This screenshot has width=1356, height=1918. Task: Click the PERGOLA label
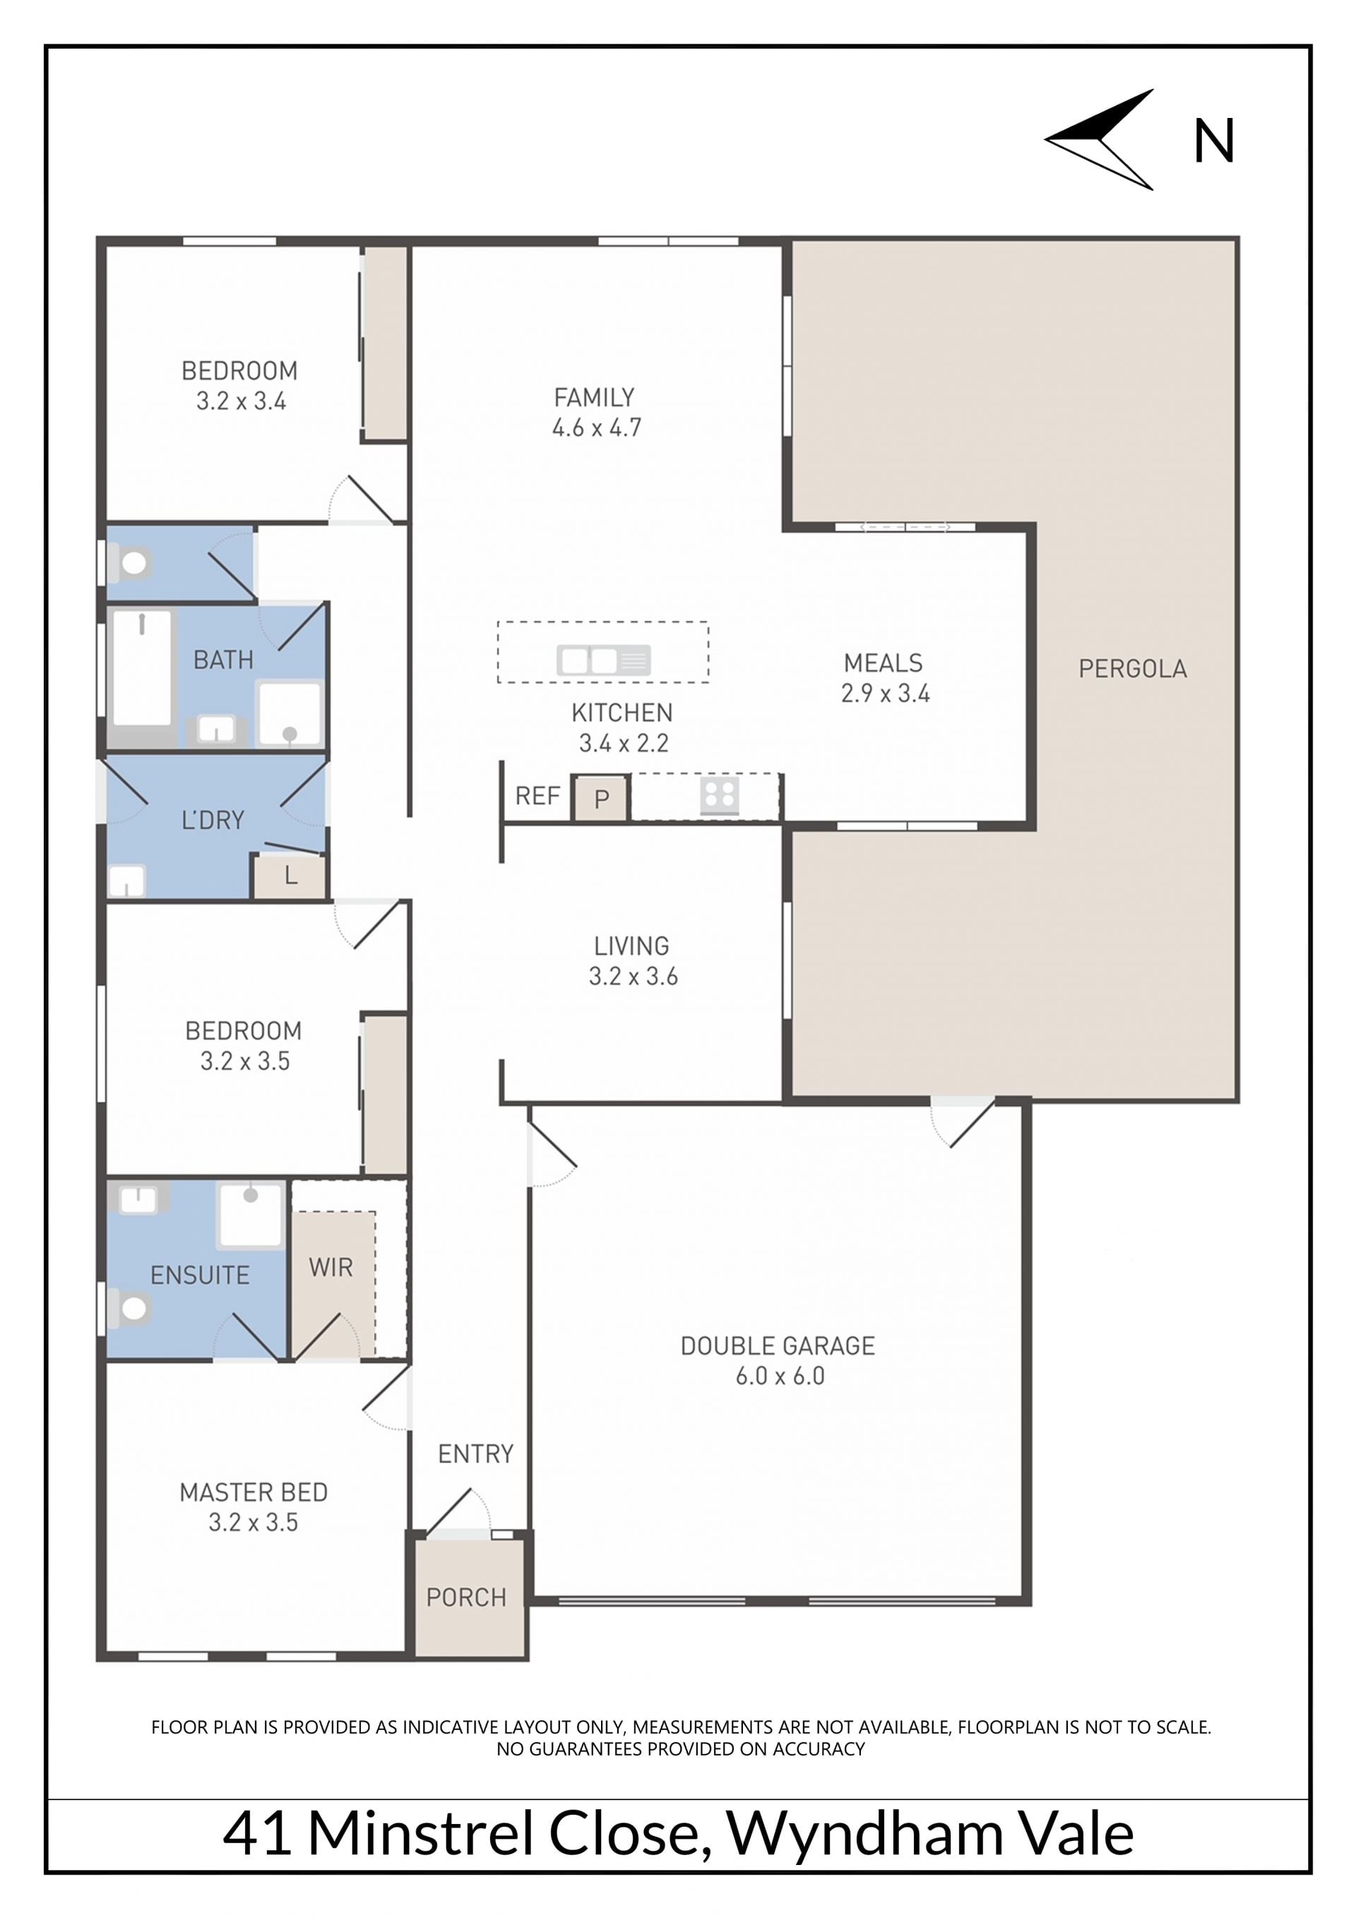1132,668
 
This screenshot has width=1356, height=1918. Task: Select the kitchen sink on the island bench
604,660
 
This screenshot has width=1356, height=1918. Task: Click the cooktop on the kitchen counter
720,796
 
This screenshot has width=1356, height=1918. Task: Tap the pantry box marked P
600,798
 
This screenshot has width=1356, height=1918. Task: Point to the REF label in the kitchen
537,795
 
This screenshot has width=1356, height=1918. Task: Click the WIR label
331,1267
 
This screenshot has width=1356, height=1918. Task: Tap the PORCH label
466,1597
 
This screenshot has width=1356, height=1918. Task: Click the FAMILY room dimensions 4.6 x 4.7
596,427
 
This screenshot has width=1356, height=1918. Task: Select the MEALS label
883,663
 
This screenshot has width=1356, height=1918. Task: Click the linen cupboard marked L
289,876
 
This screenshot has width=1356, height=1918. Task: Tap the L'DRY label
213,820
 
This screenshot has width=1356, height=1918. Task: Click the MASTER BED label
253,1492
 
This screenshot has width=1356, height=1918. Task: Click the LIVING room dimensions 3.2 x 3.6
633,976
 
